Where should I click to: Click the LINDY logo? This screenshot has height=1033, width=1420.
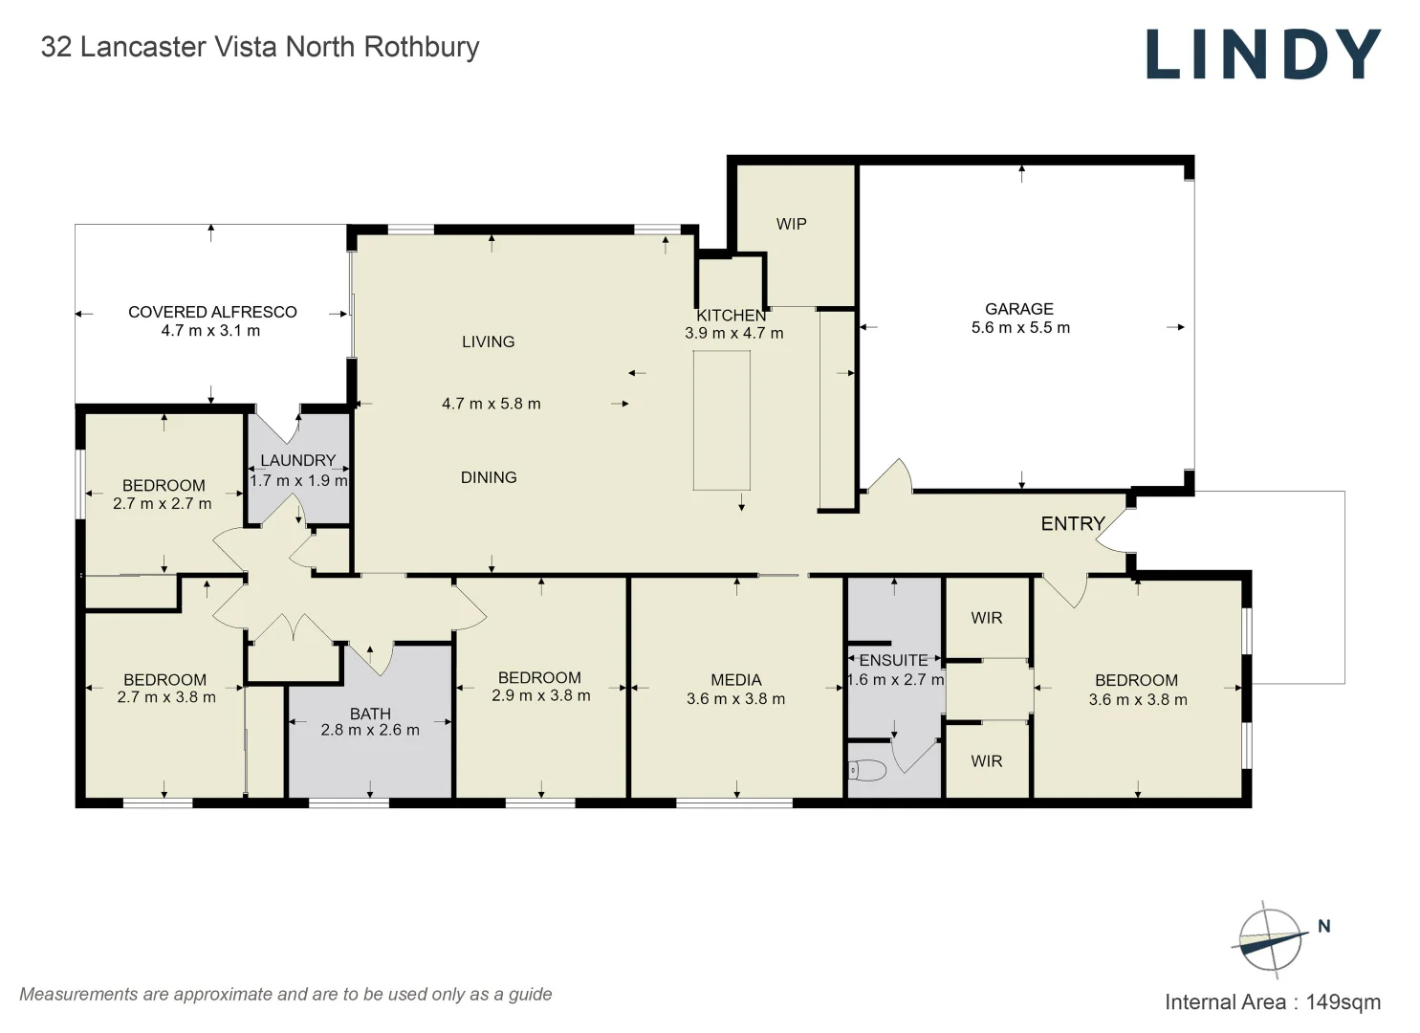[x=1262, y=54]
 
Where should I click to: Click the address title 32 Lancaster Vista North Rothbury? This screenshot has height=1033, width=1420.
[x=260, y=47]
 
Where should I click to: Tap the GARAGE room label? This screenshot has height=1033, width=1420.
[x=1019, y=309]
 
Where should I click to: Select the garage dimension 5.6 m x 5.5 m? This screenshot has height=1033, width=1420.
[x=1020, y=328]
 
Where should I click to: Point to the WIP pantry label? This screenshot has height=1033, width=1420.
[x=791, y=224]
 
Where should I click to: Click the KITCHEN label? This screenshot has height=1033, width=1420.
[x=732, y=316]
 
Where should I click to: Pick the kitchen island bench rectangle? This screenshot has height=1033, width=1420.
[x=721, y=420]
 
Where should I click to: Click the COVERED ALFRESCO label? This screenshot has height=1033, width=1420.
[x=212, y=312]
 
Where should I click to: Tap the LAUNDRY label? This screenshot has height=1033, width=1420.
[x=298, y=460]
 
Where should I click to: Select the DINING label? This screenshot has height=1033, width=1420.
[x=489, y=477]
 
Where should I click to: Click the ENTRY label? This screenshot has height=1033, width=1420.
[x=1073, y=523]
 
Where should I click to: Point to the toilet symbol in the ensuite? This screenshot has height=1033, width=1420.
[x=867, y=769]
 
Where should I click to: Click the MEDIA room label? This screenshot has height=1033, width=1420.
[x=736, y=680]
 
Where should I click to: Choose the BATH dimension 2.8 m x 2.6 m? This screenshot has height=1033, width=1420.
[x=370, y=730]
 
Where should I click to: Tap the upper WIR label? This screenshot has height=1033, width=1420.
[x=987, y=618]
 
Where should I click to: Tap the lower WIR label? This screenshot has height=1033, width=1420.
[x=987, y=761]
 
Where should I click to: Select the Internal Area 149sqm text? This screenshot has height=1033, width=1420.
[x=1272, y=1002]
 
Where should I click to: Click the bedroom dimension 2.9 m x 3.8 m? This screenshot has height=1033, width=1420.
[x=541, y=696]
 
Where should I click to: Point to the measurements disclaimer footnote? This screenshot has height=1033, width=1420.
[x=286, y=994]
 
